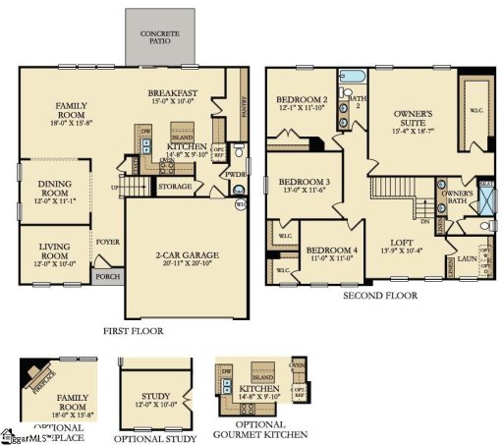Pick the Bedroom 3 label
pyautogui.click(x=304, y=186)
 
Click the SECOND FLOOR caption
pyautogui.click(x=379, y=295)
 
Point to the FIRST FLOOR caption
pyautogui.click(x=134, y=331)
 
